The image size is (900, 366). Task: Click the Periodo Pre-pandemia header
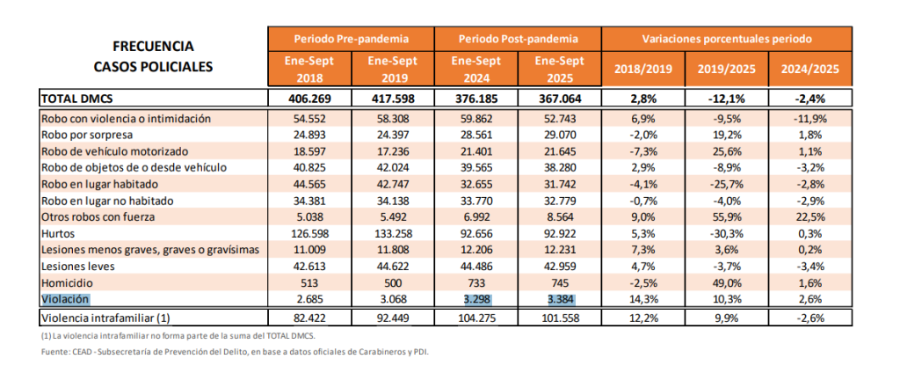351,39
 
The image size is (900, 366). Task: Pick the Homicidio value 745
559,284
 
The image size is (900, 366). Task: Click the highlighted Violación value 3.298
478,300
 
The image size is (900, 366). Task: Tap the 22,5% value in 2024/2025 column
811,217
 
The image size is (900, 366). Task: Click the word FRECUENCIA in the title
153,47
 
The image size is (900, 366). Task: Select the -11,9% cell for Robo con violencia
811,118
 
